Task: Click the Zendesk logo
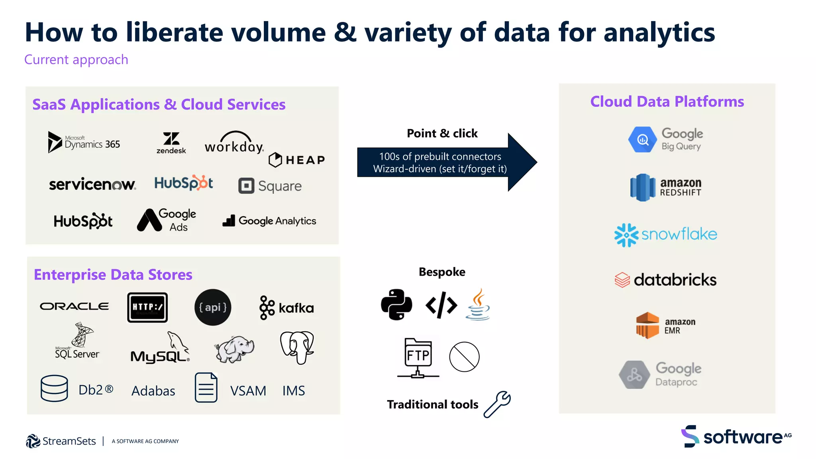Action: tap(171, 143)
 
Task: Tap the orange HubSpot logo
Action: tap(184, 183)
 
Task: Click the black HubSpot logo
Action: tap(83, 221)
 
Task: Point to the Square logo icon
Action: tap(246, 186)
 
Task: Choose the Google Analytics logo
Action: tap(269, 221)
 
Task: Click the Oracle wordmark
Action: tap(74, 306)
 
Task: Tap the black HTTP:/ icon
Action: tap(147, 307)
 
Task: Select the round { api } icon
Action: tap(213, 307)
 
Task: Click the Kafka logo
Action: tap(286, 308)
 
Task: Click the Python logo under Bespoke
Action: tap(396, 305)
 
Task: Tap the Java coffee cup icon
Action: tap(478, 305)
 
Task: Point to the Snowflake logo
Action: tap(665, 235)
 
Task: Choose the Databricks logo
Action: tap(665, 280)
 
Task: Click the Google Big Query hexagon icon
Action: tap(642, 139)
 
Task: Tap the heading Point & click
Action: tap(442, 133)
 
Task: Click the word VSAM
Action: tap(248, 391)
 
